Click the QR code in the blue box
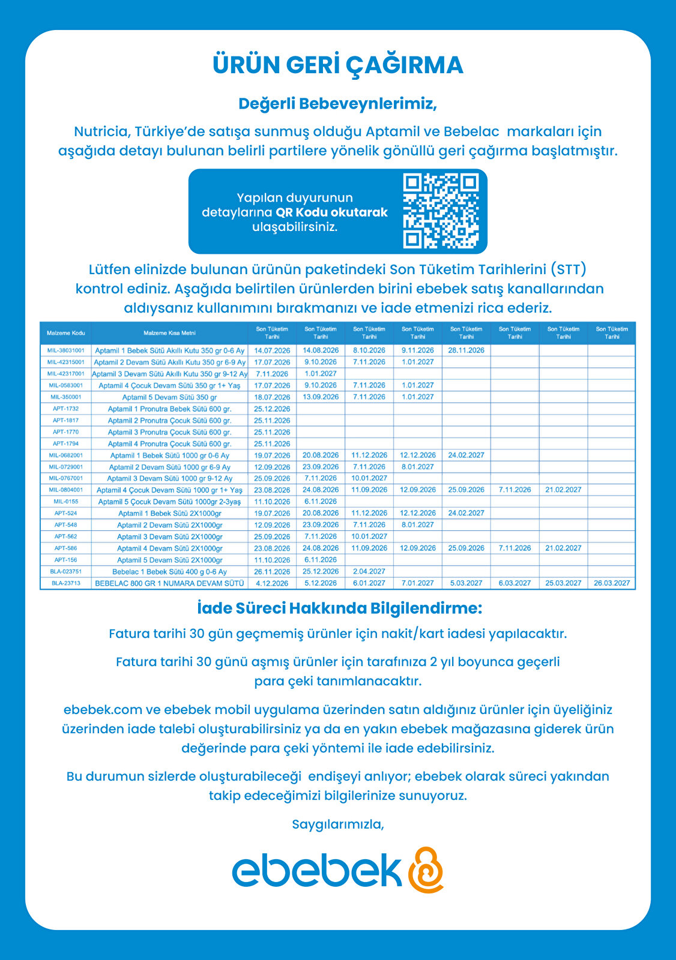tap(441, 211)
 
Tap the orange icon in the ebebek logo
tap(426, 869)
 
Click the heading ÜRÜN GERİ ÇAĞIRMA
tap(338, 65)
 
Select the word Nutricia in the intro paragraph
tap(102, 131)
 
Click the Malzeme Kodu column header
tap(66, 333)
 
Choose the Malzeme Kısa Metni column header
tap(170, 333)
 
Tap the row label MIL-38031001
tap(66, 350)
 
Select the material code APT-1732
tap(66, 409)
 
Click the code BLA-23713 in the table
tap(66, 583)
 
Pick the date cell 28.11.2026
tap(466, 350)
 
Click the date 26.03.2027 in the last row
tap(612, 583)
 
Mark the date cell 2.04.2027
tap(369, 572)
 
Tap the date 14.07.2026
tap(272, 350)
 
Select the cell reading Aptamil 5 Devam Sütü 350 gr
tap(170, 397)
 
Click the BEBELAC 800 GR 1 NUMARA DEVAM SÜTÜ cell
tap(170, 583)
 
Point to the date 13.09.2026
tap(321, 397)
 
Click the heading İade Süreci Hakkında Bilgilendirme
tap(339, 608)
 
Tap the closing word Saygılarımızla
tap(338, 824)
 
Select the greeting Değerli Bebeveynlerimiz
tap(338, 104)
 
